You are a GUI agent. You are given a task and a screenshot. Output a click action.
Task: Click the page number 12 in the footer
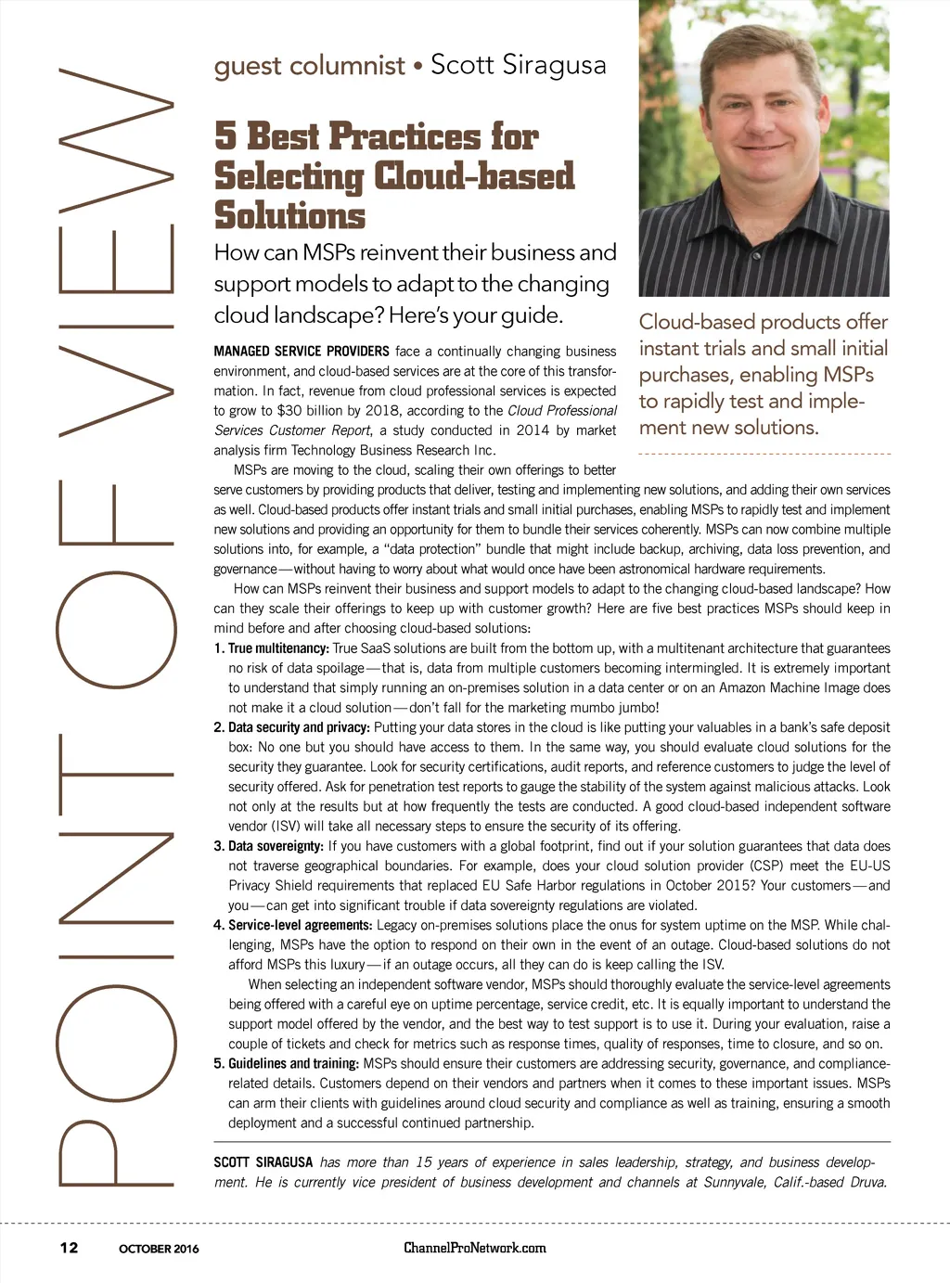69,1248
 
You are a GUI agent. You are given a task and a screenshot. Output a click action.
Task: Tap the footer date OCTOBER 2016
159,1249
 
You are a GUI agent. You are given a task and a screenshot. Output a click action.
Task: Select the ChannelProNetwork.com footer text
474,1248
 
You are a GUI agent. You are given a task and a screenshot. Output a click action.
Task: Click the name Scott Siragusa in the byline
518,65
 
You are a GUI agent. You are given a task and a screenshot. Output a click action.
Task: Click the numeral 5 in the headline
225,136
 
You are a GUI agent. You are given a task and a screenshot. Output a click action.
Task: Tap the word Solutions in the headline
289,215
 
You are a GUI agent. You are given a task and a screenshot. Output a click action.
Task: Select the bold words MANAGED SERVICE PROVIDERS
302,352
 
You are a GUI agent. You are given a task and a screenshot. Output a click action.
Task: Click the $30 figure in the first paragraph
289,411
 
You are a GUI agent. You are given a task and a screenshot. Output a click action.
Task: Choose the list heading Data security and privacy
299,727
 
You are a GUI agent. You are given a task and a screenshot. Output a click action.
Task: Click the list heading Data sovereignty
276,846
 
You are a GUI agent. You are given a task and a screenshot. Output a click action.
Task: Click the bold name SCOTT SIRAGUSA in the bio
263,1162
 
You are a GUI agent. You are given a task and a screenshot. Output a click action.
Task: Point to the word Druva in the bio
867,1182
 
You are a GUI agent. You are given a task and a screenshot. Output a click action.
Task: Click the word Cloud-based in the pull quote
695,322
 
